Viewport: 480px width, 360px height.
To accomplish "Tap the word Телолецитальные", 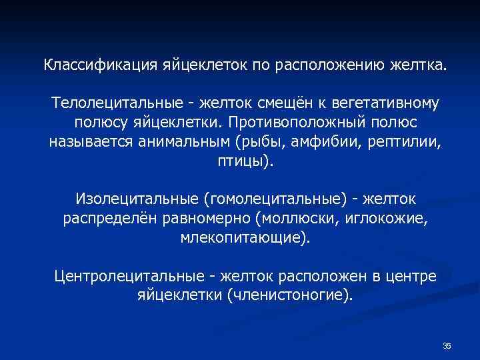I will click(113, 104).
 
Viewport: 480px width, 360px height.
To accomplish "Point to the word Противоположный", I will click(293, 123).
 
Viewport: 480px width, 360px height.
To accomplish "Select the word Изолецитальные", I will click(137, 199).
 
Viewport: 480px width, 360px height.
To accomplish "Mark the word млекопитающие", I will click(243, 238).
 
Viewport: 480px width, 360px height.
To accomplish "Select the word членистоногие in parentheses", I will click(289, 295).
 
